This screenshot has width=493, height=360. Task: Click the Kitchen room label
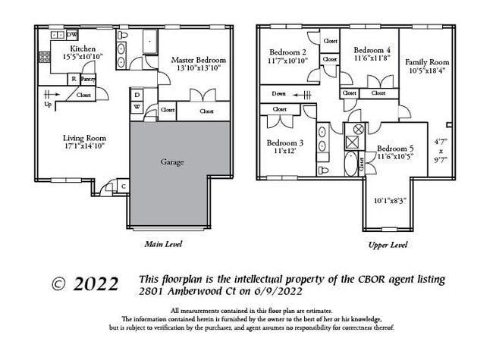(83, 49)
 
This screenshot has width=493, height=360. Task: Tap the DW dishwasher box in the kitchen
(72, 35)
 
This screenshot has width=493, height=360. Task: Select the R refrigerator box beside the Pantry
(74, 79)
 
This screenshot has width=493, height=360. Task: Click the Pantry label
(87, 79)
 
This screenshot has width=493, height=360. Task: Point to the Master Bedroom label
(198, 59)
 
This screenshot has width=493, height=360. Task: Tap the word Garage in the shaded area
(172, 161)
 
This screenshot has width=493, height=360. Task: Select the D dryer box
(137, 95)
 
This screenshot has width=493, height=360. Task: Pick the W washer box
(137, 107)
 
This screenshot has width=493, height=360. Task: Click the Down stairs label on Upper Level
(279, 95)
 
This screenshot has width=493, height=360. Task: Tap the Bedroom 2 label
(287, 52)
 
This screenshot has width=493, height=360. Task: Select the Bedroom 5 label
(396, 148)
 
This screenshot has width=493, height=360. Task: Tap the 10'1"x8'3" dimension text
(390, 201)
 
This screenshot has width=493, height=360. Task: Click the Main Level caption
(163, 244)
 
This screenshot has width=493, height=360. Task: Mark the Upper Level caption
(388, 245)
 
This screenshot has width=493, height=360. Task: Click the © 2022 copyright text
(84, 284)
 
